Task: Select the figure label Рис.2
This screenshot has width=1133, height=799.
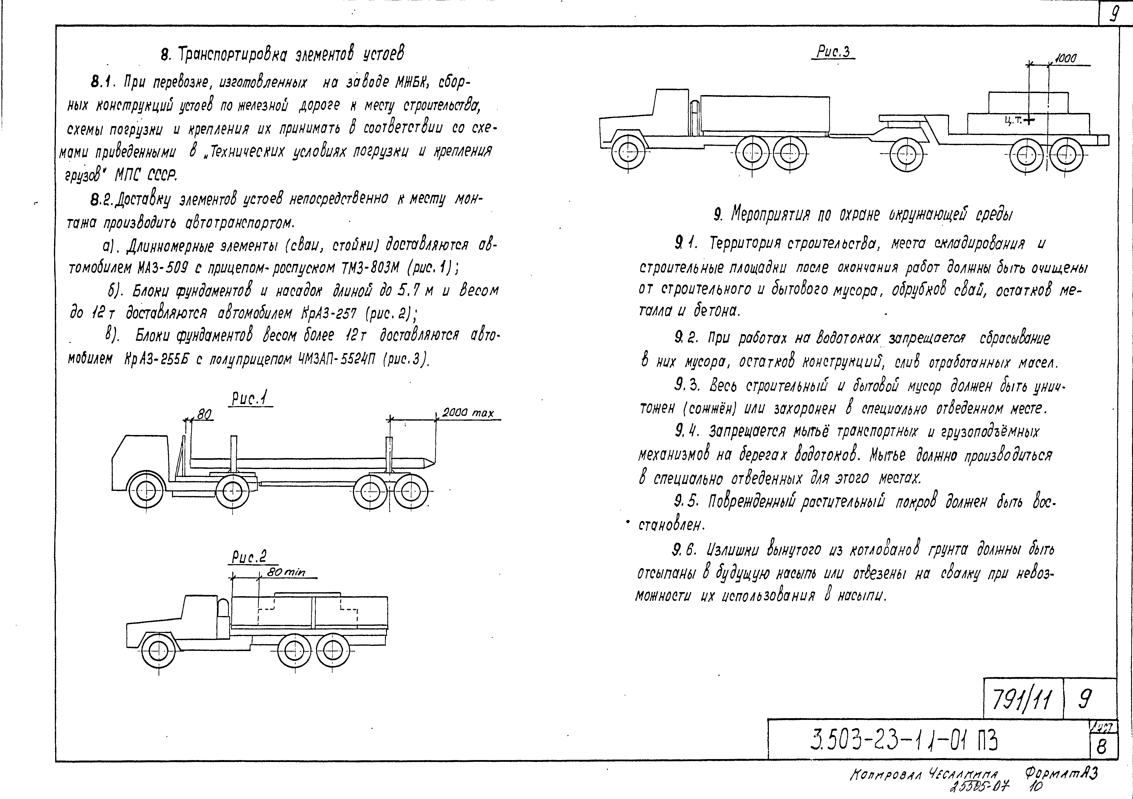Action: coord(249,557)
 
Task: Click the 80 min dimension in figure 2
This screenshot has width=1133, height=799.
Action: coord(286,572)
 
